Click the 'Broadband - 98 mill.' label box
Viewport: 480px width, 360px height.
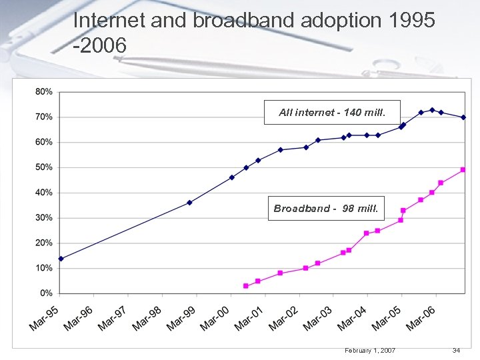tap(325, 209)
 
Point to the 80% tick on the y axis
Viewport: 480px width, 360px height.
tap(43, 92)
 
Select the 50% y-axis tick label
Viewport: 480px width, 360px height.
tap(43, 167)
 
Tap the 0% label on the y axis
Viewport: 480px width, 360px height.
tap(46, 293)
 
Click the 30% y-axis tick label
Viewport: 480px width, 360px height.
tap(43, 218)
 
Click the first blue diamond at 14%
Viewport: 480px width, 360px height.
tap(61, 259)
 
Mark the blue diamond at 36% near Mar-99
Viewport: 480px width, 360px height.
tap(189, 203)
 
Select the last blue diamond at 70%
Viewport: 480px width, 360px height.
tap(463, 117)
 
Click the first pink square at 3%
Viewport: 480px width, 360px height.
tap(246, 286)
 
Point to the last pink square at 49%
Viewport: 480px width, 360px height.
tap(463, 170)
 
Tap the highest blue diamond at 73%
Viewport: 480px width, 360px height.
tap(432, 110)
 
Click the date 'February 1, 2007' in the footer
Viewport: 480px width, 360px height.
tap(370, 351)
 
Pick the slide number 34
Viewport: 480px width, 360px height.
tap(457, 351)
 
